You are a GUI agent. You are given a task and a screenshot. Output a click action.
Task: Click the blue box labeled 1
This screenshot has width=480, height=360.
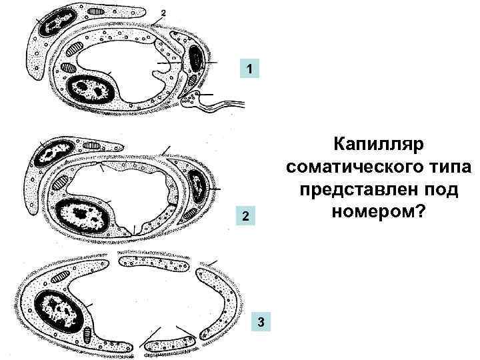[249, 69]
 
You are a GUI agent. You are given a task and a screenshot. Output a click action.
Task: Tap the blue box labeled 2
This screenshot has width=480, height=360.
[245, 218]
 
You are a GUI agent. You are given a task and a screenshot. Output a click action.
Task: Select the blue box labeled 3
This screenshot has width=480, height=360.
[261, 323]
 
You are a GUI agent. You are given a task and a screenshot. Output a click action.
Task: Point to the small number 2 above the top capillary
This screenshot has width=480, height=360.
[162, 13]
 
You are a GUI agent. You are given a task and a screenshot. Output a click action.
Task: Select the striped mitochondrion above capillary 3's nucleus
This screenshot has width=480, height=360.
[61, 275]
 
